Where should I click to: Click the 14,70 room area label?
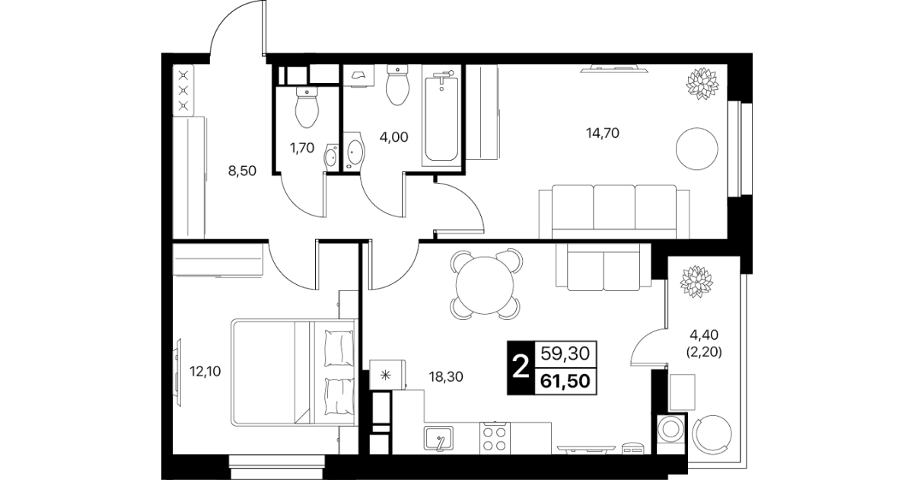603,133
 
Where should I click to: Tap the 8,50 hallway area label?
242,171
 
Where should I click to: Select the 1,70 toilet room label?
302,148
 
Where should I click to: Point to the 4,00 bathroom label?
393,137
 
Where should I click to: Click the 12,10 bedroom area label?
205,371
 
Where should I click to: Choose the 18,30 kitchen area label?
446,376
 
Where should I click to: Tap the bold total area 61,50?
565,381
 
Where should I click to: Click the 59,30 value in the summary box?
565,354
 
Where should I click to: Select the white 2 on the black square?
521,368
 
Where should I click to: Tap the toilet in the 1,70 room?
307,107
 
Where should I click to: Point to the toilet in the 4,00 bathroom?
397,85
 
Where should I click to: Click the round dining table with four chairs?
485,285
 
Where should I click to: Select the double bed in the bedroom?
293,373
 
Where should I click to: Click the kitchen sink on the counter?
438,438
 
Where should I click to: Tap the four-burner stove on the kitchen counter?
495,438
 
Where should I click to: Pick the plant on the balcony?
696,282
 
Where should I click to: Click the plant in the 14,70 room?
702,84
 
